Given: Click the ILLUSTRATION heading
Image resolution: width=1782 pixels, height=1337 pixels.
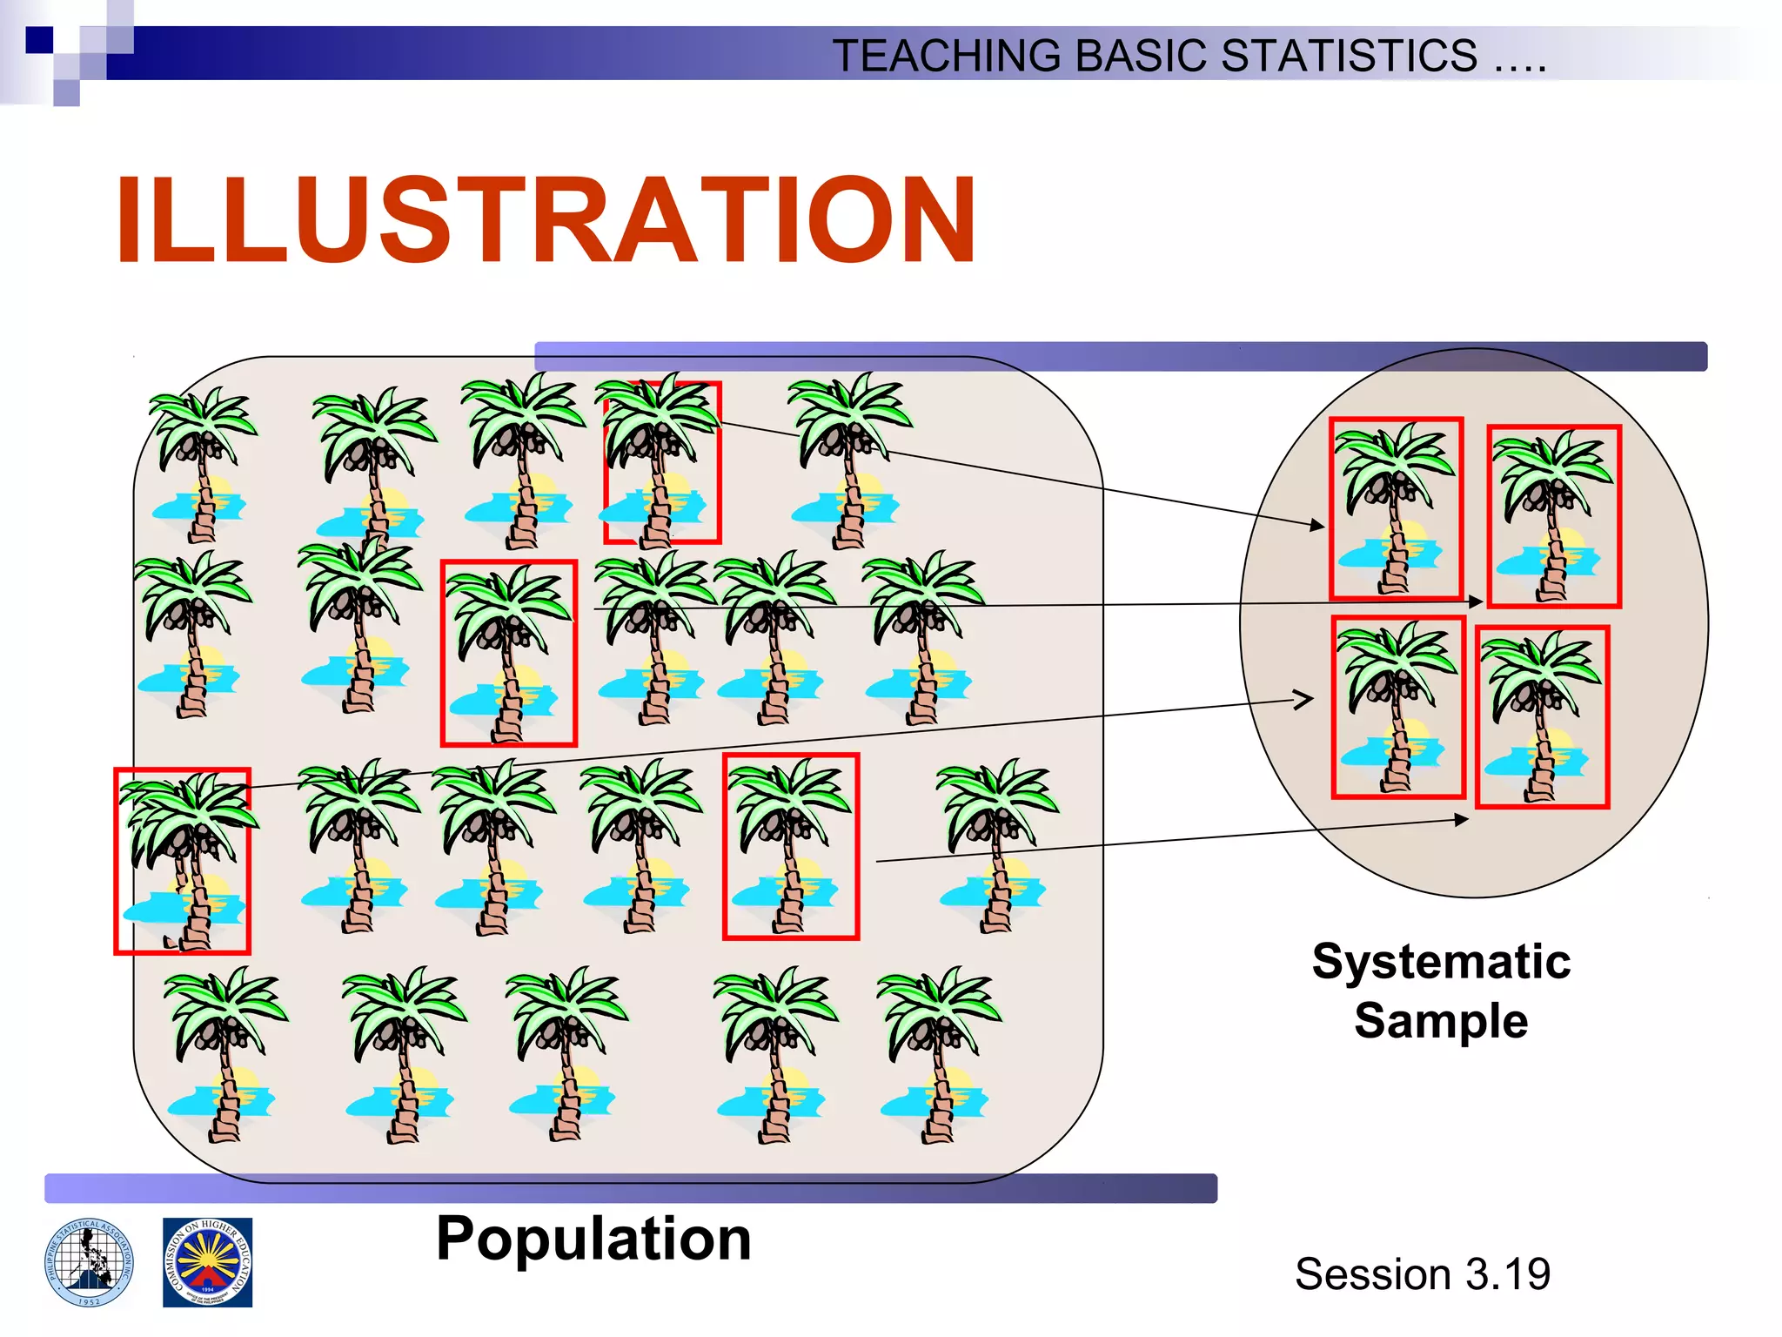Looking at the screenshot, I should [x=546, y=219].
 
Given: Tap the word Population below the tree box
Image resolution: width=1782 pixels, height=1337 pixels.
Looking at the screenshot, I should [x=593, y=1238].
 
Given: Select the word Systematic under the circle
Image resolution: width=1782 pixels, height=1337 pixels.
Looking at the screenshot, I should [x=1441, y=962].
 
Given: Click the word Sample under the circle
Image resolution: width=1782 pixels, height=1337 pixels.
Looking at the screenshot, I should [x=1441, y=1020].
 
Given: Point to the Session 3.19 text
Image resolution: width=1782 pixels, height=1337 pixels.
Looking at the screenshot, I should [x=1422, y=1273].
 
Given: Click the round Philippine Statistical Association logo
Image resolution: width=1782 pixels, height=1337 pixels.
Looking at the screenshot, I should [x=90, y=1262].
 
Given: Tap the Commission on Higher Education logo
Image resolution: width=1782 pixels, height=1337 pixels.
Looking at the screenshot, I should [x=207, y=1262].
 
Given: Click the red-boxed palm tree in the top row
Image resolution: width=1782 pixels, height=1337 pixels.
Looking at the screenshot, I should [x=662, y=462].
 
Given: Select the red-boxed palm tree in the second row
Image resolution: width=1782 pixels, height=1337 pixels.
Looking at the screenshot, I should [x=508, y=653].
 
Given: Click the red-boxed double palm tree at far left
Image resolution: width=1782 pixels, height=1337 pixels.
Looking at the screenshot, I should [x=182, y=861].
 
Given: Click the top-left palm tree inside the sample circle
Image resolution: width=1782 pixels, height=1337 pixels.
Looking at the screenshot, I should [x=1396, y=508].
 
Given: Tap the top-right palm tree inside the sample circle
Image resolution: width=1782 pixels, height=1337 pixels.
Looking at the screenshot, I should [x=1553, y=516].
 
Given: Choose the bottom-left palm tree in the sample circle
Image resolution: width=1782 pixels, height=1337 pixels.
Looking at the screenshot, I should [x=1398, y=707].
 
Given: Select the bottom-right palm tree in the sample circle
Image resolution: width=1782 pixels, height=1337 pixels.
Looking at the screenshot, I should [x=1542, y=716].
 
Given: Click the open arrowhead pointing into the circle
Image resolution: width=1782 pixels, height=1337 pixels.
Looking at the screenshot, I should [x=1303, y=699].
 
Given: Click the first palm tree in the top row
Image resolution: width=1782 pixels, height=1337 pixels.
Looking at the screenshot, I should [x=202, y=465].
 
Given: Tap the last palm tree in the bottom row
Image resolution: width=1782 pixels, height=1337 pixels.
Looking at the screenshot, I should [x=938, y=1053].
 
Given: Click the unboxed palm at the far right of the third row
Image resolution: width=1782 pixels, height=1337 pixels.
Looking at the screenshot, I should [x=996, y=844].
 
